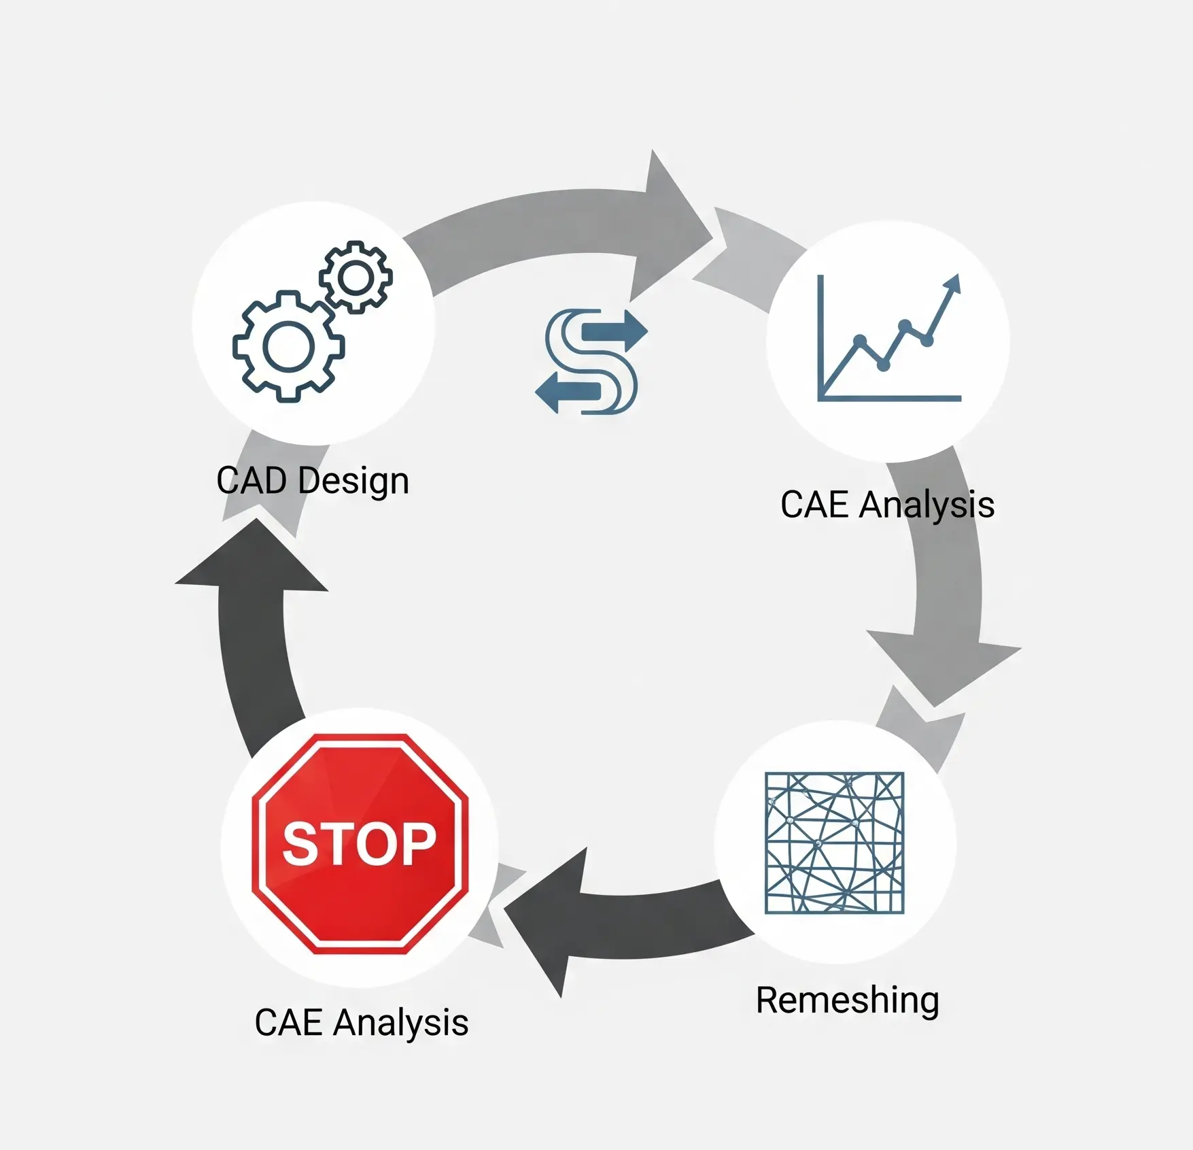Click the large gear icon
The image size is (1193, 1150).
(x=288, y=346)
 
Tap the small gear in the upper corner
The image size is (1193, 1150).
(x=356, y=277)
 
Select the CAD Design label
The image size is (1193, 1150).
(x=313, y=481)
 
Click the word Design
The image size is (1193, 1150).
(x=353, y=482)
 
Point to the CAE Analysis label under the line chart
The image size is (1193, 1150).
(x=887, y=505)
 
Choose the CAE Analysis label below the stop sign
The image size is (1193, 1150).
(x=361, y=1023)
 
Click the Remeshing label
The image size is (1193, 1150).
(x=847, y=1000)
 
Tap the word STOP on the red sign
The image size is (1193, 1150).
(x=359, y=844)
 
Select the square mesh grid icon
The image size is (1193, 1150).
(x=834, y=843)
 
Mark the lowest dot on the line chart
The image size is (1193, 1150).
(x=883, y=366)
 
